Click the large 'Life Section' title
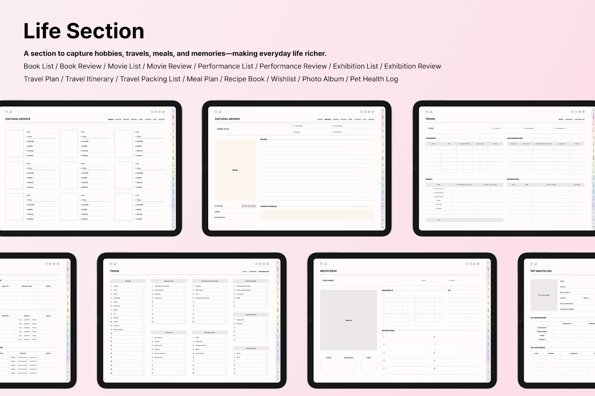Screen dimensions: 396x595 tap(84, 31)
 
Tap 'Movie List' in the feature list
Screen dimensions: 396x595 tap(124, 66)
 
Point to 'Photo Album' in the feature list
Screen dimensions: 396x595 tap(323, 79)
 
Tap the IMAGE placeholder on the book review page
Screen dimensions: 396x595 tap(235, 170)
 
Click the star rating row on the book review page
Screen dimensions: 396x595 tap(249, 206)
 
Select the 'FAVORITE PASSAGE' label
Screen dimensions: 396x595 tap(269, 206)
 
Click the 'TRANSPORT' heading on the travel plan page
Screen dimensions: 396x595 tap(431, 139)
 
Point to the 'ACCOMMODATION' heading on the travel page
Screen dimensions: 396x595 tap(515, 139)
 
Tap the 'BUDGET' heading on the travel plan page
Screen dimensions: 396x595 tap(429, 179)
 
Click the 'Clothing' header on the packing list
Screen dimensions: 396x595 tap(128, 281)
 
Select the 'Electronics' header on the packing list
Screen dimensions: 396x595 tap(169, 332)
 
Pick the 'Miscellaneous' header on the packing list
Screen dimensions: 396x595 tap(251, 348)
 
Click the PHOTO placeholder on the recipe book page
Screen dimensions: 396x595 tap(348, 320)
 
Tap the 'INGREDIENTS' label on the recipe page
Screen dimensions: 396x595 tap(388, 291)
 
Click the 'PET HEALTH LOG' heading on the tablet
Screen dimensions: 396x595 tap(541, 271)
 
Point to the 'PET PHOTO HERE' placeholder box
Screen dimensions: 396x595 tap(544, 295)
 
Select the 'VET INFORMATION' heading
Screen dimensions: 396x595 tap(538, 318)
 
